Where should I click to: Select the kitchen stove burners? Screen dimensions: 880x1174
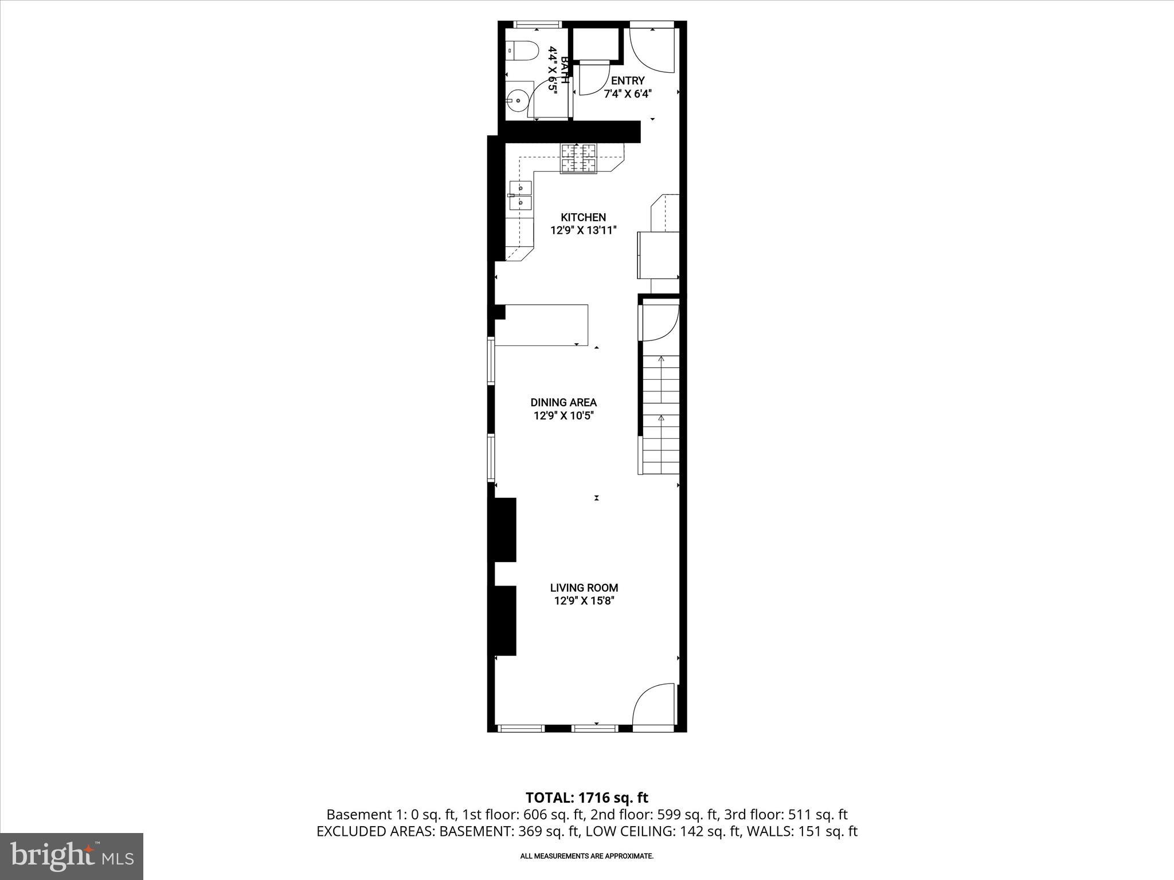point(579,158)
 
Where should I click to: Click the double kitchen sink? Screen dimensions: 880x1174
point(521,195)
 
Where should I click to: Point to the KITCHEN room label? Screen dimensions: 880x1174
point(583,218)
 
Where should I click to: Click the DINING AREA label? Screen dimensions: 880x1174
point(563,403)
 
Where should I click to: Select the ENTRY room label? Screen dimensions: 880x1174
point(628,81)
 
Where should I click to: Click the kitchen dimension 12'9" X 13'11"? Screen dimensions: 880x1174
point(583,231)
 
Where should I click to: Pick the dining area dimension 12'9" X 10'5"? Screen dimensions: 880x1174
point(563,416)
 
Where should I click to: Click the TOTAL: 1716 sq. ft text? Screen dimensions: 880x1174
point(586,797)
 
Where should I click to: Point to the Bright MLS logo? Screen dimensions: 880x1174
point(72,856)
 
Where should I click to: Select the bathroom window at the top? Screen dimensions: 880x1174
point(537,25)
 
